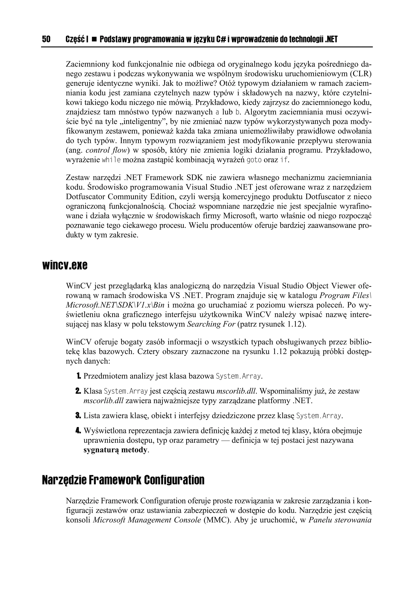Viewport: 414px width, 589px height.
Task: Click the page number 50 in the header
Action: click(46, 39)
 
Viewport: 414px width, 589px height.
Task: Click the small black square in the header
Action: click(94, 39)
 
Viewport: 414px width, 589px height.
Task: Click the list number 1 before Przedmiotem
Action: click(78, 376)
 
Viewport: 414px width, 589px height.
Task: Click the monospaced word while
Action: click(111, 160)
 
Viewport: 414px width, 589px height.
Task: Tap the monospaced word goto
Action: click(254, 160)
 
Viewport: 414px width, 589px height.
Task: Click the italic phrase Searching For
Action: click(211, 324)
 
